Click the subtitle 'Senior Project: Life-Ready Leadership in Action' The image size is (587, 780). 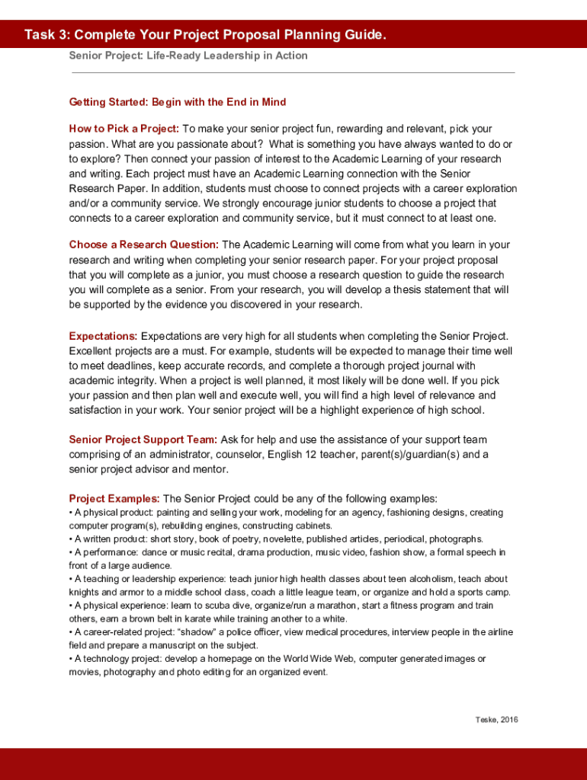click(188, 56)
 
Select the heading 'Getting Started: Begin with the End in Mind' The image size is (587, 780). click(178, 101)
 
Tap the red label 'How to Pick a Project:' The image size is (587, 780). click(124, 129)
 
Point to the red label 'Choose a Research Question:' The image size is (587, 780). click(144, 245)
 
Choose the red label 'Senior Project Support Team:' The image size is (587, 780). click(143, 440)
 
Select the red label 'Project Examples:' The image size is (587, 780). click(114, 498)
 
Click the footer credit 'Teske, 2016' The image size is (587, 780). click(496, 720)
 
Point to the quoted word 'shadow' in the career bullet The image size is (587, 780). click(176, 632)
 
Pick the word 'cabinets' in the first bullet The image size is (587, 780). click(316, 526)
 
